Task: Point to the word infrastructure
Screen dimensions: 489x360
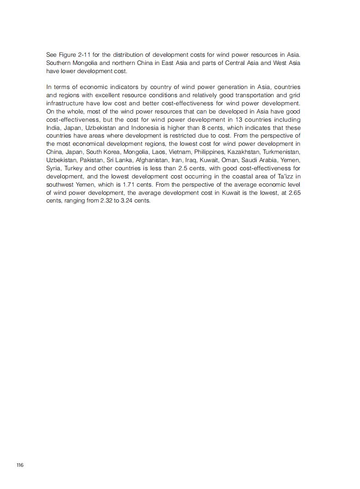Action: [x=65, y=103]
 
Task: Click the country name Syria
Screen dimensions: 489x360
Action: [x=54, y=168]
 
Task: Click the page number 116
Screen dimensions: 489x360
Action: [x=20, y=465]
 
